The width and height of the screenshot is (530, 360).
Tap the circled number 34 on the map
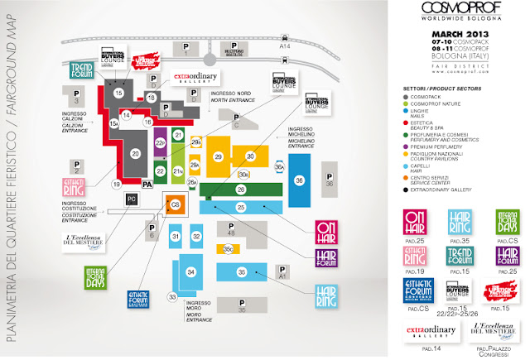click(190, 271)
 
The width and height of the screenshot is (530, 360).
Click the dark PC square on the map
click(132, 199)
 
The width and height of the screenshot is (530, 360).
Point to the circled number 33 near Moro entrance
click(173, 297)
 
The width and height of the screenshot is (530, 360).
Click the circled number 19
click(117, 184)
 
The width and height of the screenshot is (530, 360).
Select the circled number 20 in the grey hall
click(135, 152)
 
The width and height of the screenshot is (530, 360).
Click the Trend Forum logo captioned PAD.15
click(460, 258)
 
